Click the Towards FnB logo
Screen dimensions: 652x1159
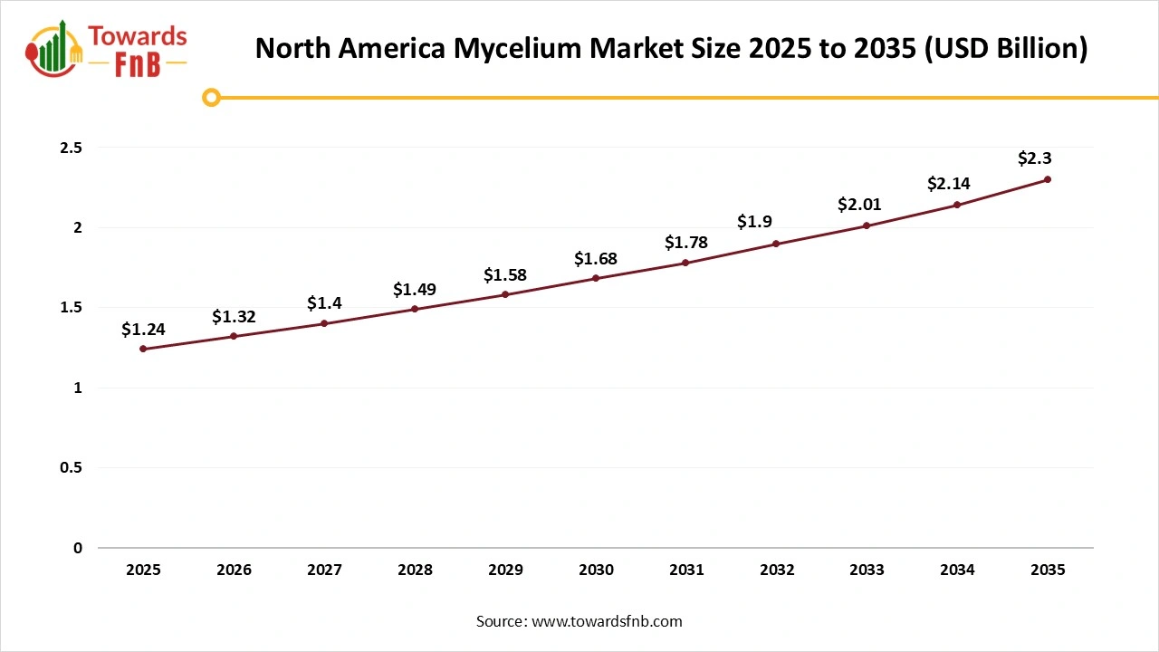[x=107, y=51]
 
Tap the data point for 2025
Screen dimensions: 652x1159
[x=143, y=349]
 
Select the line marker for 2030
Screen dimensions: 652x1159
[x=596, y=278]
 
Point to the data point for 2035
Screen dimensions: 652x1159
[x=1048, y=179]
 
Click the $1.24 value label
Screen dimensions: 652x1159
[x=143, y=330]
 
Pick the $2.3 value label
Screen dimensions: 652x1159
[x=1034, y=158]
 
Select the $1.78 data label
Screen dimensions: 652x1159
[x=686, y=243]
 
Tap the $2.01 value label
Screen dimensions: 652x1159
[x=859, y=206]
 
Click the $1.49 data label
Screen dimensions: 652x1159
[x=415, y=290]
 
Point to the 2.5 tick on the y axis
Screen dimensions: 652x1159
[x=71, y=148]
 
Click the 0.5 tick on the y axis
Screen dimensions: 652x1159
[x=71, y=468]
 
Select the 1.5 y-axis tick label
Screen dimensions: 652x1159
[x=71, y=308]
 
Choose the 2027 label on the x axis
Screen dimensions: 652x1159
[x=324, y=570]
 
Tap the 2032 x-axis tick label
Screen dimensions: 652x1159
[x=777, y=570]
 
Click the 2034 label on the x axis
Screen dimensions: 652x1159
[x=957, y=570]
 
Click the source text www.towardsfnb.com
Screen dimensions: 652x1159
[x=607, y=621]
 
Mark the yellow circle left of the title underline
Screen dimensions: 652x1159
[x=211, y=98]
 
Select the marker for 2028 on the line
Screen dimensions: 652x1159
[x=415, y=309]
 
